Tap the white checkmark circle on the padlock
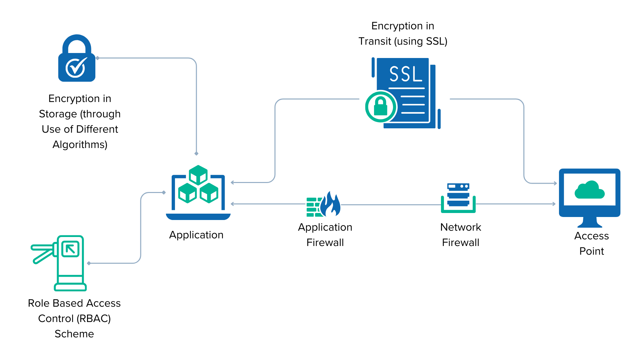[x=76, y=68]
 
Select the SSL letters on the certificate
[x=405, y=74]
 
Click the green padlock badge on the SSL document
[x=381, y=107]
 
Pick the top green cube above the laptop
[x=198, y=174]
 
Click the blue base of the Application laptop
[x=198, y=217]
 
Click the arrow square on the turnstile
[x=70, y=249]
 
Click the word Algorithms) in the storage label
[x=80, y=145]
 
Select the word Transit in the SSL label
[x=375, y=41]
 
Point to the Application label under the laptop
[x=196, y=235]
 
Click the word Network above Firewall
[x=461, y=227]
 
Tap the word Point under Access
[x=591, y=251]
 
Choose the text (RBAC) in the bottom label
[x=94, y=319]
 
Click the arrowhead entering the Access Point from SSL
[x=555, y=183]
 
